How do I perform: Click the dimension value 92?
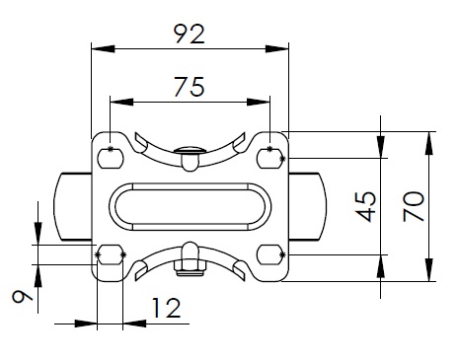(x=190, y=34)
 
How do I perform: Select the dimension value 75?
(x=190, y=87)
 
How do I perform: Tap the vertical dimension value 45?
(x=366, y=206)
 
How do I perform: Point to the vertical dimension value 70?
(x=414, y=206)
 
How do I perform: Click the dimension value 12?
(x=166, y=308)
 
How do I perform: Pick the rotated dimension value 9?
(x=23, y=297)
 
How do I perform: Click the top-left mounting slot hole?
(x=111, y=158)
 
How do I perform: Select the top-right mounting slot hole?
(x=269, y=158)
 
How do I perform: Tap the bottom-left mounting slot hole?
(x=111, y=254)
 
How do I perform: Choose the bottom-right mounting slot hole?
(x=269, y=254)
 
